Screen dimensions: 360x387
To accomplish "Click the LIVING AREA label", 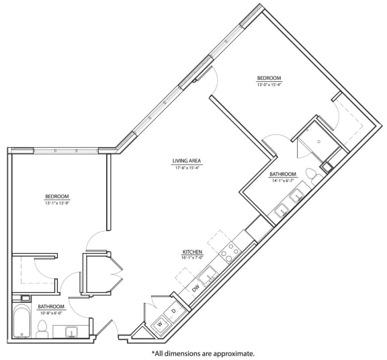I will coord(187,161).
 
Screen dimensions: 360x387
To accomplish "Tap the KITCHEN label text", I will coord(192,252).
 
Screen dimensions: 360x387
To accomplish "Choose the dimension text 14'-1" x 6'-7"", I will coord(283,180).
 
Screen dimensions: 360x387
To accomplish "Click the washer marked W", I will coord(159,324).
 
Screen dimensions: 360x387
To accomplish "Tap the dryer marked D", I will coord(173,312).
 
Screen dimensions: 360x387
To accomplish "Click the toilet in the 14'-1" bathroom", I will coord(311,174).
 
